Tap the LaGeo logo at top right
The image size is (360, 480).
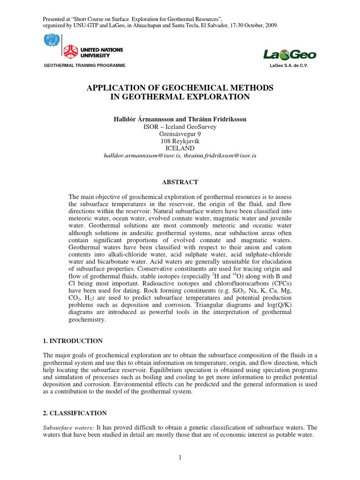tap(289, 55)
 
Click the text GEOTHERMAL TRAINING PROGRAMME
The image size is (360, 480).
tap(84, 66)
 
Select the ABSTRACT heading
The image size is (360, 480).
tap(180, 182)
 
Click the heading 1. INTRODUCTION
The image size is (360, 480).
tap(73, 341)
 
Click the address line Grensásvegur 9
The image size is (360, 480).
tap(180, 134)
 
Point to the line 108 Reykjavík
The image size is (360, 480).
tap(180, 141)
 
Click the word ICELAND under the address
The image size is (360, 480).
tap(180, 148)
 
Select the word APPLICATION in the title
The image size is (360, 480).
tap(117, 88)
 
